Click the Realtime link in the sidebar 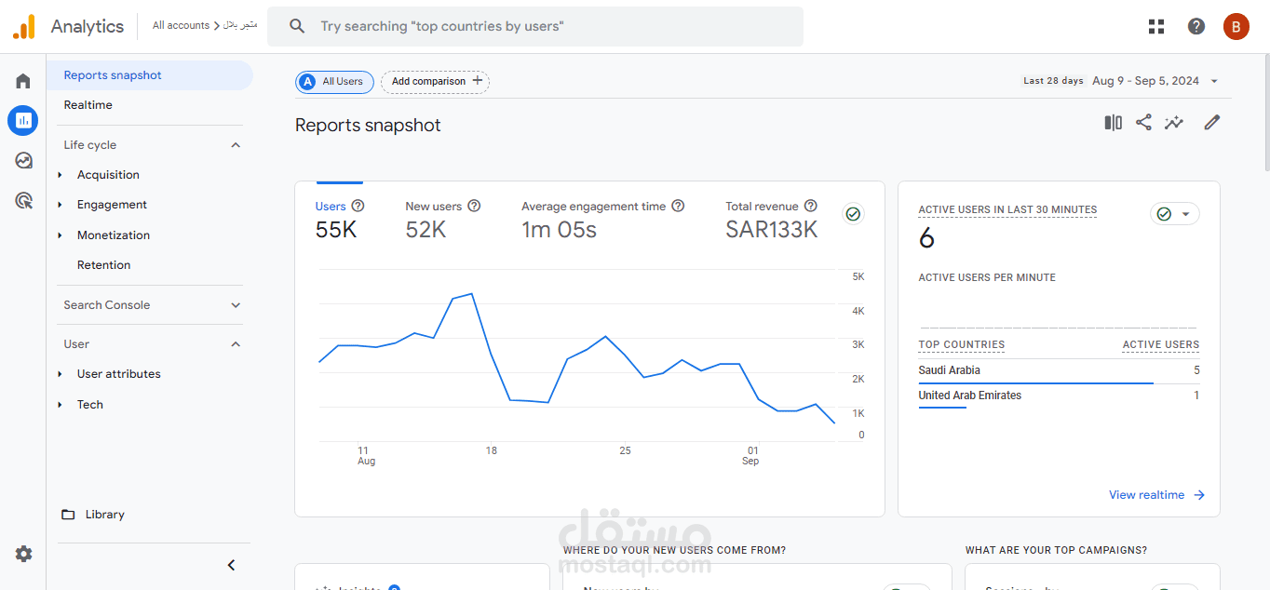(x=88, y=105)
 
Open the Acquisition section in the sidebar (x=108, y=175)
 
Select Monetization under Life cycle (x=114, y=235)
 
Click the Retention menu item (x=103, y=265)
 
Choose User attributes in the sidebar (x=118, y=374)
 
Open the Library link (x=103, y=515)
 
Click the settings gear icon (x=23, y=554)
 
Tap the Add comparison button (x=435, y=82)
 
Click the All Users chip (x=335, y=82)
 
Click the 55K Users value (x=336, y=230)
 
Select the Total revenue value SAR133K (x=771, y=230)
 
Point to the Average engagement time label (x=593, y=207)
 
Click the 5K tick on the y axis (x=858, y=277)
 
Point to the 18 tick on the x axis (x=491, y=450)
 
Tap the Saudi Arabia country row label (x=949, y=370)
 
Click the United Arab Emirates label (x=969, y=396)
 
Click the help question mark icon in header (x=1196, y=26)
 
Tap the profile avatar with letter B (x=1236, y=26)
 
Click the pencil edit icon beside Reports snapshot (x=1211, y=123)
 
